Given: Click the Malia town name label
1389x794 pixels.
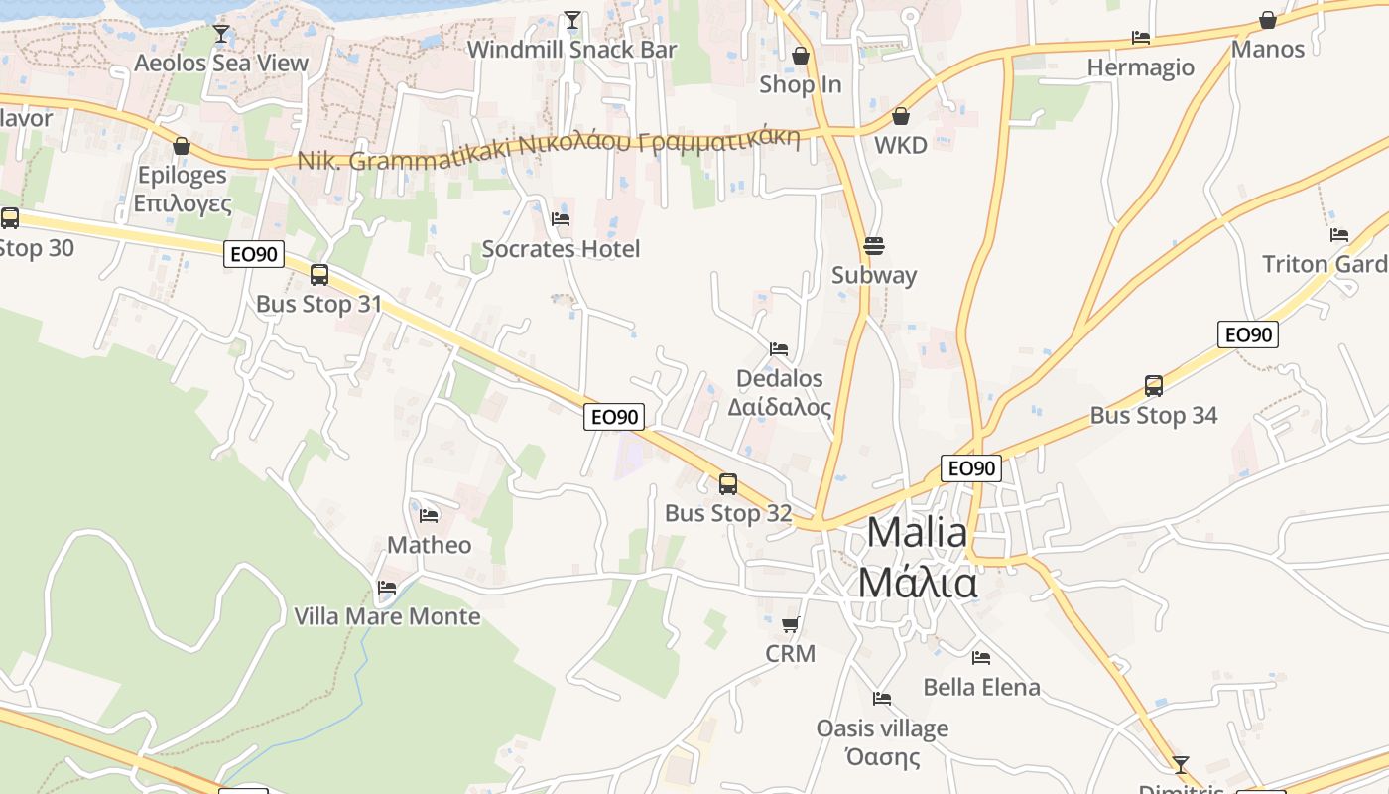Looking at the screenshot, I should point(917,558).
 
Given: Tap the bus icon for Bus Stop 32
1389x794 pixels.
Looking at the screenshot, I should point(728,484).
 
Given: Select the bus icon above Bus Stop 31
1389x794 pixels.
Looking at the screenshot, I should point(319,275).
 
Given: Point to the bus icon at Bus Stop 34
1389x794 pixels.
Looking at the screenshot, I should point(1154,386).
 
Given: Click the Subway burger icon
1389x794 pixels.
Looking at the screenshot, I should point(874,245).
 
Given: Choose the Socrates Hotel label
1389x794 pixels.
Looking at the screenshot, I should point(561,249).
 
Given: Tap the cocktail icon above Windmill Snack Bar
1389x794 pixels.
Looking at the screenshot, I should point(572,20).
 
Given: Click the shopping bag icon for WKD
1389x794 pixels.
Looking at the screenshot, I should point(901,116).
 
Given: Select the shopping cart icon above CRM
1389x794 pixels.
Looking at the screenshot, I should point(791,625).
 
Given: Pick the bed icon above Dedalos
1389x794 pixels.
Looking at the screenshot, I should point(779,349).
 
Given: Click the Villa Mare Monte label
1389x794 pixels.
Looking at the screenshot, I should point(387,616).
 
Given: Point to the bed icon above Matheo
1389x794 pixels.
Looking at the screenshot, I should point(429,515).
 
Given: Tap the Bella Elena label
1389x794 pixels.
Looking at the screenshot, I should point(981,687).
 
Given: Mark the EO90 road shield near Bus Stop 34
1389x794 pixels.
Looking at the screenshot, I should point(1248,334).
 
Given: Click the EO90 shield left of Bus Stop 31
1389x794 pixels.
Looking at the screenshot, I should point(254,254).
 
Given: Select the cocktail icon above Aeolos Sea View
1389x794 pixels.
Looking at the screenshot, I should point(221,34).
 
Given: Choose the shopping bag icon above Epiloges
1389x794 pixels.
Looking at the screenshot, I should point(182,146).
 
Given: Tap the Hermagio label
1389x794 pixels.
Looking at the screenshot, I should point(1141,67).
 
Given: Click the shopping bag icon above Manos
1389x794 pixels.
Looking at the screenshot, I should point(1268,20).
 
